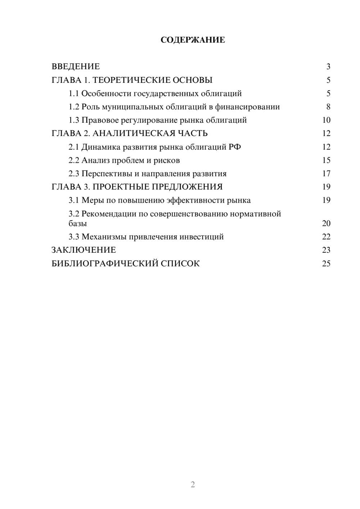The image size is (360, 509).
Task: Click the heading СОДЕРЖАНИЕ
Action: (x=193, y=40)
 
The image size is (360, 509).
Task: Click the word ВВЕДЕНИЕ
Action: (x=76, y=67)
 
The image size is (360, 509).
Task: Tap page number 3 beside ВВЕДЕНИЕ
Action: (x=328, y=67)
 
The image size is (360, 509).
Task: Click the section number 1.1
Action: (x=74, y=94)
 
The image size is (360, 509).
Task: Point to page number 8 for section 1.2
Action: (x=328, y=107)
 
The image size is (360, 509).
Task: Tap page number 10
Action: (x=326, y=120)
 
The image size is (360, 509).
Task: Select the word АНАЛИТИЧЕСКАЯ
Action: (x=133, y=134)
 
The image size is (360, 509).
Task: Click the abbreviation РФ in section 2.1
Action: (x=235, y=147)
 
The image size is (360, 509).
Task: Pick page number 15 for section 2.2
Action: (x=326, y=160)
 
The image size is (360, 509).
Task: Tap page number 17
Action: (x=326, y=174)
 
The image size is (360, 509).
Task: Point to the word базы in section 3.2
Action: (x=78, y=224)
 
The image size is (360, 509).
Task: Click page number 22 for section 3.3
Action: (x=326, y=237)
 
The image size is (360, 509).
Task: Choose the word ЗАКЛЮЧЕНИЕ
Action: (x=84, y=250)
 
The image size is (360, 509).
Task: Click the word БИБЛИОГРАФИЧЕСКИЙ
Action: (x=105, y=263)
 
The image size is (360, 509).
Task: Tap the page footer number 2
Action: (x=193, y=485)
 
